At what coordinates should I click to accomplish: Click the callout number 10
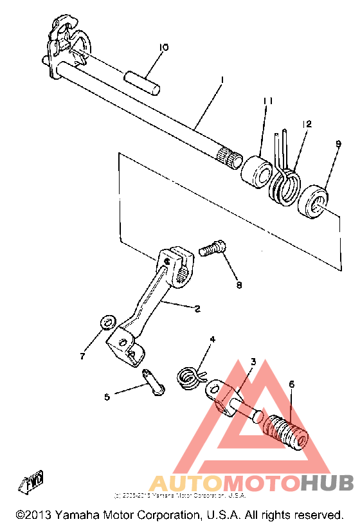point(163,47)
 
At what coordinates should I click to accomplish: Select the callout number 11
point(268,101)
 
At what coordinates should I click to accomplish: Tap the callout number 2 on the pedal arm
point(197,309)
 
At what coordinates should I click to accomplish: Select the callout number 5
point(107,397)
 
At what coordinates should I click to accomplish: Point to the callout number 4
point(212,339)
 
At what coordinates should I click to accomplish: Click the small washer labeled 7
point(109,321)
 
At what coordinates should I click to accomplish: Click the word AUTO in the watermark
point(186,483)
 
